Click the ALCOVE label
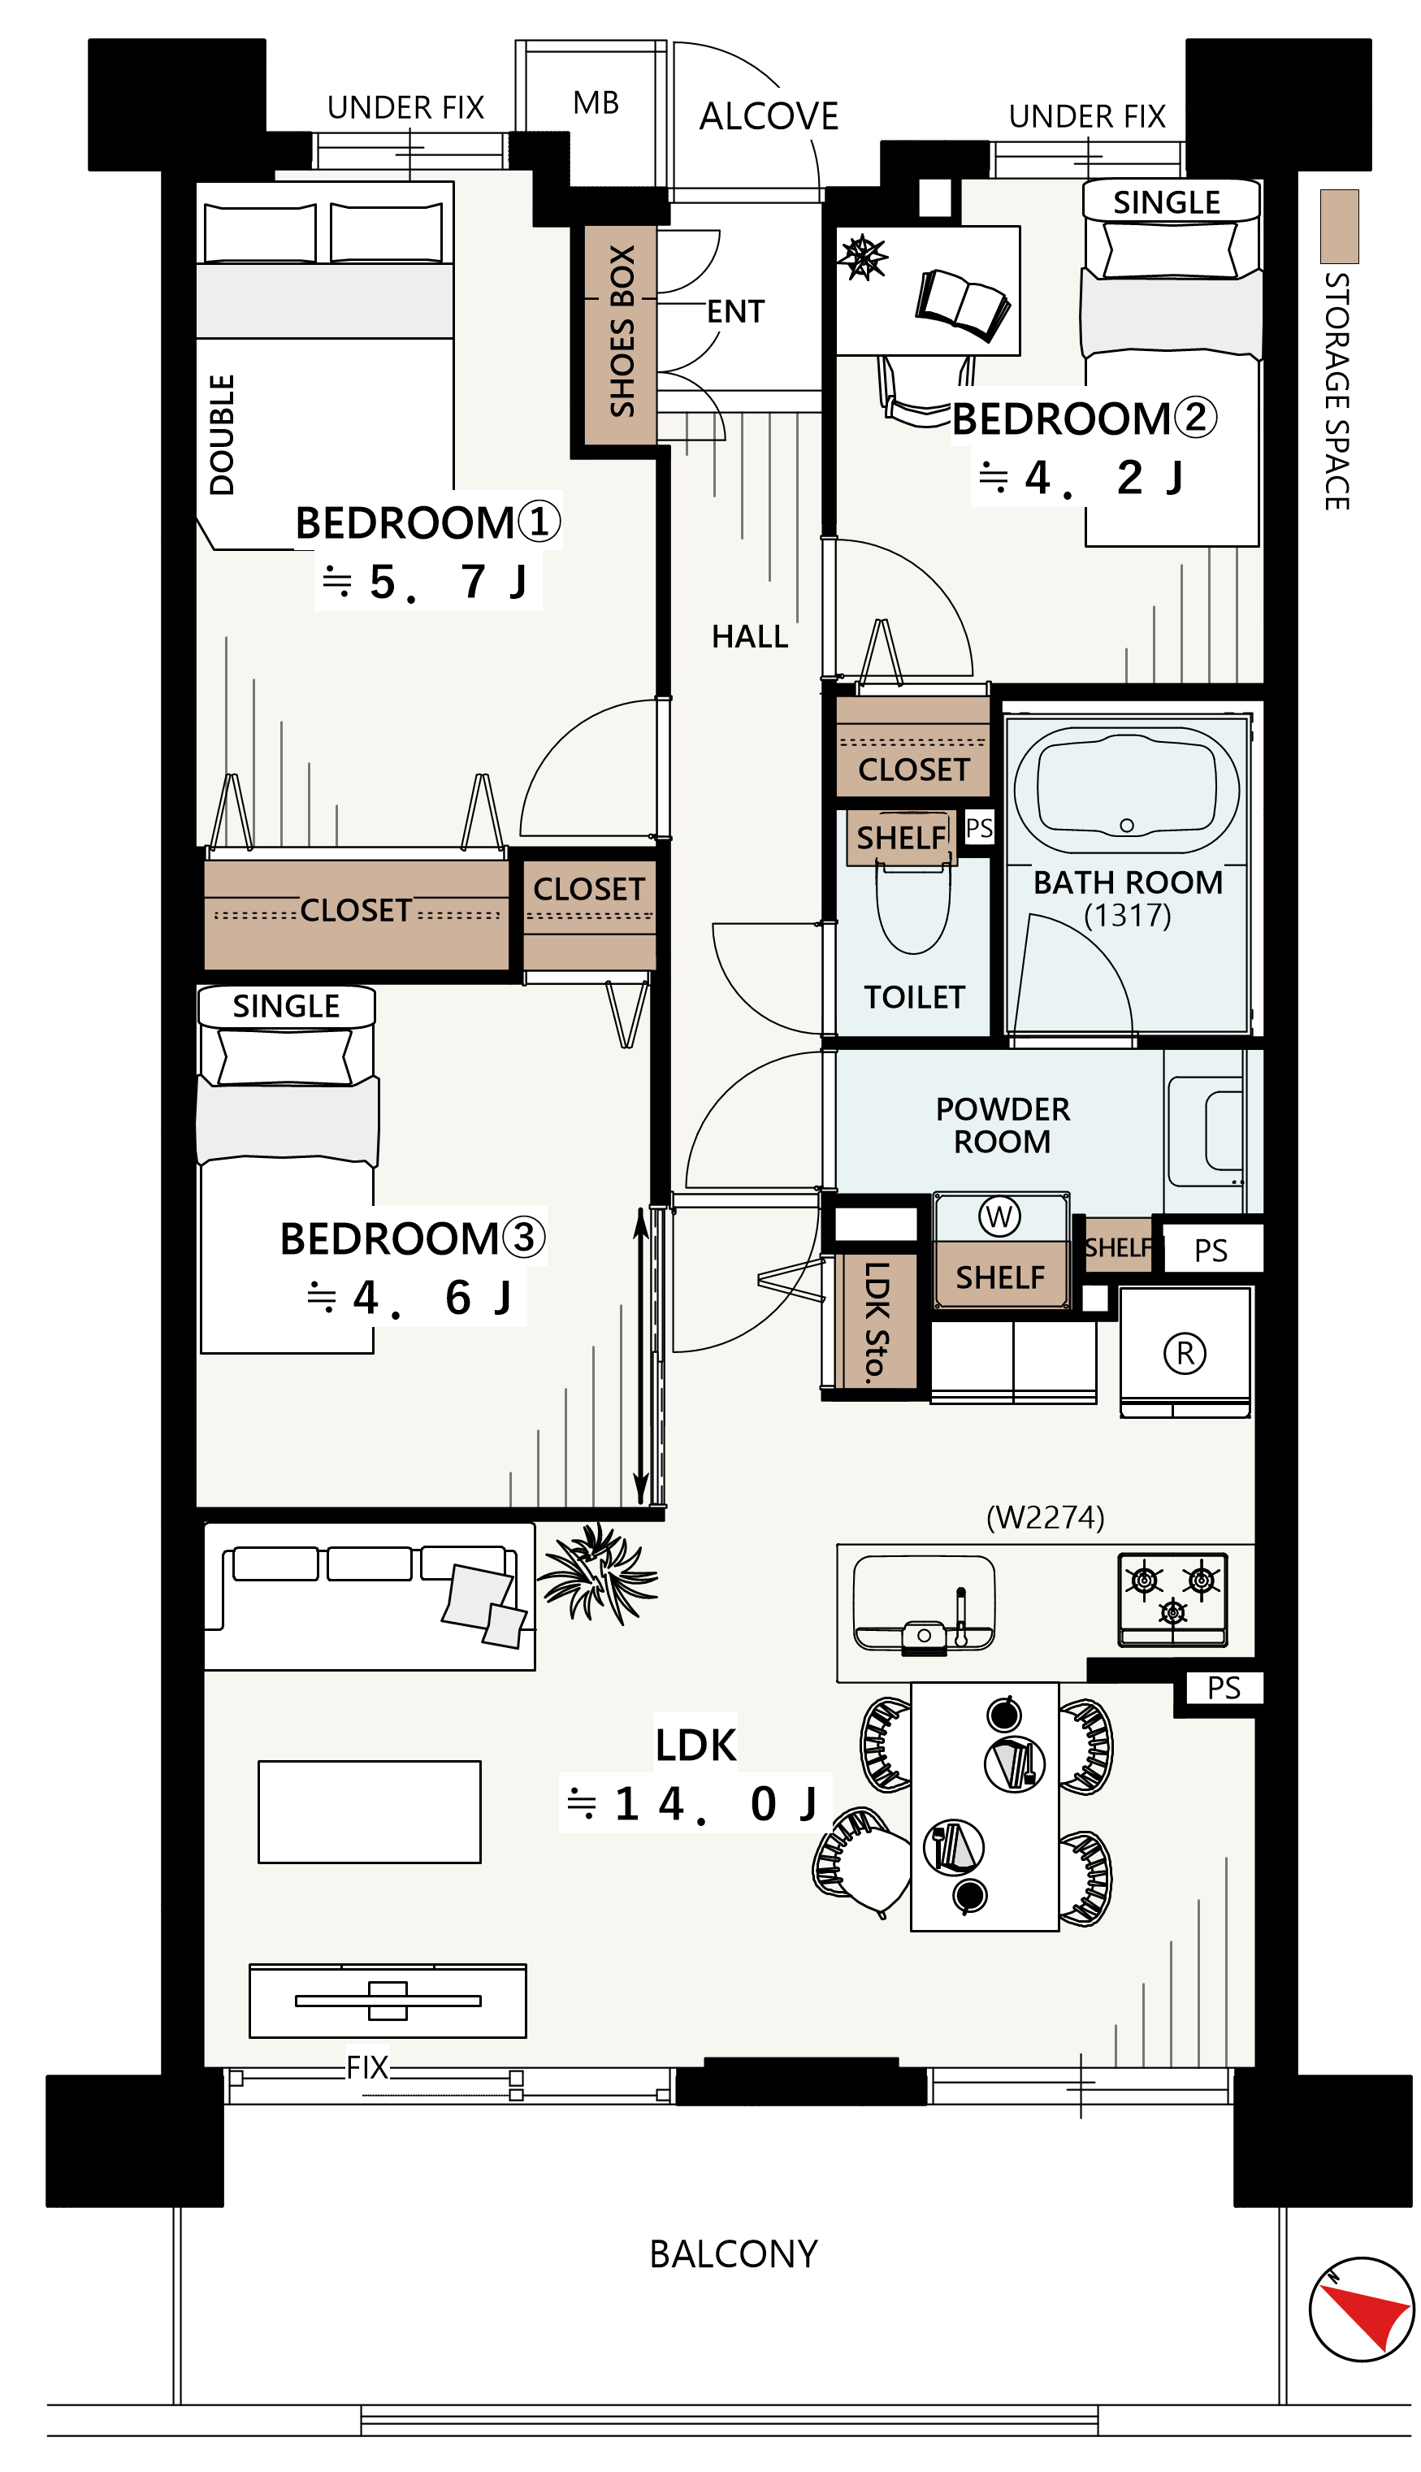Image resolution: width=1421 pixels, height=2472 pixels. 769,116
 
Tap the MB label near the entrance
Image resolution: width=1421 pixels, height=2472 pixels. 596,102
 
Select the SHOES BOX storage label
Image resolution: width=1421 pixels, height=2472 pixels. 622,331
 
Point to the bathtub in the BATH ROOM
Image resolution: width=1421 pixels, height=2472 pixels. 1126,790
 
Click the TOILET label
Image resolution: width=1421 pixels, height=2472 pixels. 915,997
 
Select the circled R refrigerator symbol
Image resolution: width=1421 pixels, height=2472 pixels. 1185,1353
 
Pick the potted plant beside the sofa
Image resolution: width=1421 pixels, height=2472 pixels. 597,1573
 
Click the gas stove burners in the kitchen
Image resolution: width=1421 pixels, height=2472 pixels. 1172,1599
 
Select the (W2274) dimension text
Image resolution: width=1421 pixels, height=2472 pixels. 1046,1516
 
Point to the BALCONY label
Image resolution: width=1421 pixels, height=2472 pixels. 734,2254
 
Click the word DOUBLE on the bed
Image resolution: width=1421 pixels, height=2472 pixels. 223,436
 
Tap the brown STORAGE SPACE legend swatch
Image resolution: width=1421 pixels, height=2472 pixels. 1339,227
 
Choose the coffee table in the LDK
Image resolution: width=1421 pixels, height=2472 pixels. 369,1812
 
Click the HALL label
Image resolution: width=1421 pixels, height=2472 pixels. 750,636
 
